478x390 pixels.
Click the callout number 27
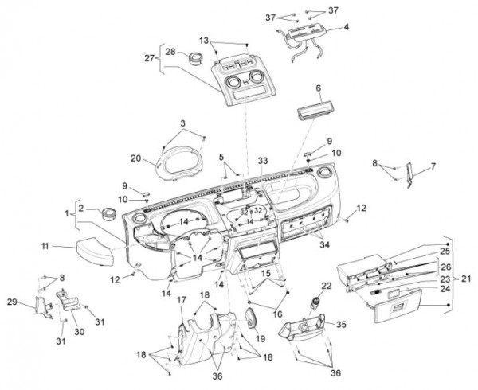pyautogui.click(x=148, y=58)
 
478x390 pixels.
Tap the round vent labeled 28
pyautogui.click(x=194, y=57)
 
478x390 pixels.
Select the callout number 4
pyautogui.click(x=347, y=27)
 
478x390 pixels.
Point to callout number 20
pyautogui.click(x=135, y=158)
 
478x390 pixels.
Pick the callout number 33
pyautogui.click(x=263, y=160)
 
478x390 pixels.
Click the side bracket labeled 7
pyautogui.click(x=409, y=177)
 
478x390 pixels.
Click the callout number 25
pyautogui.click(x=445, y=251)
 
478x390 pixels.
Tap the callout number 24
pyautogui.click(x=445, y=288)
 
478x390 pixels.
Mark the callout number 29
pyautogui.click(x=33, y=302)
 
